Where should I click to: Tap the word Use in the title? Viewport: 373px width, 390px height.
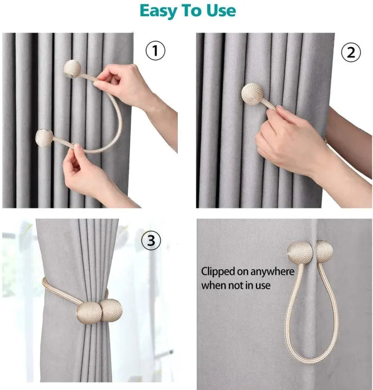coord(220,11)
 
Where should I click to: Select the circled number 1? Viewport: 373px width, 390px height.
coord(155,51)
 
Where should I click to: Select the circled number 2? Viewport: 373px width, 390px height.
coord(351,52)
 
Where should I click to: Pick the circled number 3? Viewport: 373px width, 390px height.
coord(151,241)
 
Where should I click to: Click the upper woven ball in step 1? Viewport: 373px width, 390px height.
coord(72,68)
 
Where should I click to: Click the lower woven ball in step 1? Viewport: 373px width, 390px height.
coord(44,138)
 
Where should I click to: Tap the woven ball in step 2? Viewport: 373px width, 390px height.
coord(252,94)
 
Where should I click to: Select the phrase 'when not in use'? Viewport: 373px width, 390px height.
coord(236,285)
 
